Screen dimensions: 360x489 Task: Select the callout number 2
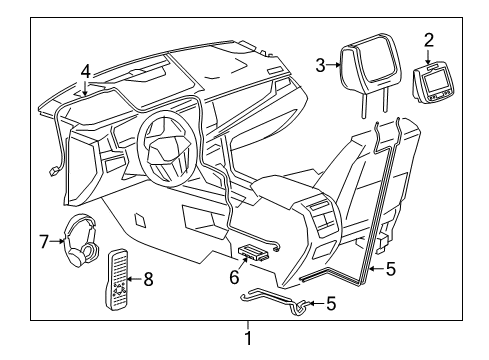click(x=428, y=40)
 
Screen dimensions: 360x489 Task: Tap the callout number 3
click(x=320, y=65)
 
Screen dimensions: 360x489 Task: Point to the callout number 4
click(x=86, y=71)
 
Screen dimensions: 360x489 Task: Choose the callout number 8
click(x=148, y=278)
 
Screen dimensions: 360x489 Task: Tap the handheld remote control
click(x=117, y=282)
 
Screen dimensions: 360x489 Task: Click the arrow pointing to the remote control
click(x=136, y=278)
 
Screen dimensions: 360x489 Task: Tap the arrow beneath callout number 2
click(x=429, y=54)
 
